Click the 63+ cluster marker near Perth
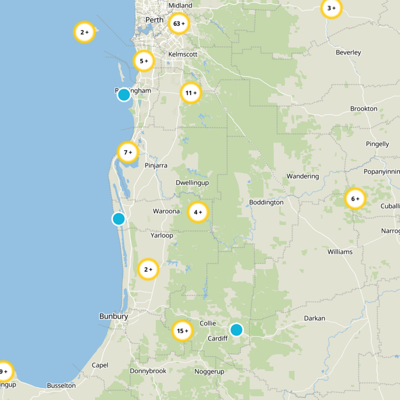point(179,23)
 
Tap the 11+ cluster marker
point(190,93)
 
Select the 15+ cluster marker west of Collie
point(182,330)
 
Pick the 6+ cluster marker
point(355,199)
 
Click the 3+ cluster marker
point(331,8)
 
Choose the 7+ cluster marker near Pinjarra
point(127,152)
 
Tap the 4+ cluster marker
point(197,212)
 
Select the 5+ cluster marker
point(143,61)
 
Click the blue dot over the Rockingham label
point(123,94)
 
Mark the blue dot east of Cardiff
point(236,329)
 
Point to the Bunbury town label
point(113,316)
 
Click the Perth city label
point(154,20)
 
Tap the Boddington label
point(266,202)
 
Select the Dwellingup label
point(192,183)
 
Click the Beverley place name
point(348,52)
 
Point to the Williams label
point(340,251)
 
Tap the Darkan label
point(314,318)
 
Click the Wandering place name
point(302,176)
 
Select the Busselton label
point(61,385)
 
